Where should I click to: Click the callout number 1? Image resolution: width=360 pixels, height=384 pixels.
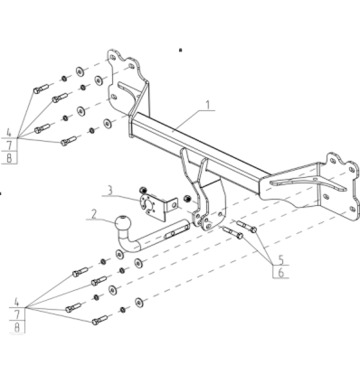pos(208,105)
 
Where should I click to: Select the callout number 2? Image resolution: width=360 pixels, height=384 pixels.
pos(94,214)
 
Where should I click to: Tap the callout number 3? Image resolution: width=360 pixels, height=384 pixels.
pos(110,191)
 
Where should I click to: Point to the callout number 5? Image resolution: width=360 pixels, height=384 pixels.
pos(281,259)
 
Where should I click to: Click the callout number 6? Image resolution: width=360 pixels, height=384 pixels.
pos(281,273)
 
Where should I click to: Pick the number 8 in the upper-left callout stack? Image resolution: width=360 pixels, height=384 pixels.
pos(9,158)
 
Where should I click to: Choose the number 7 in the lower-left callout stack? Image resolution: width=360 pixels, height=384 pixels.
pos(17,314)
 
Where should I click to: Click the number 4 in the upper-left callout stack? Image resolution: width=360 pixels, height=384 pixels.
pos(9,132)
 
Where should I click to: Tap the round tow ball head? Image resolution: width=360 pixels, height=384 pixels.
pos(123,223)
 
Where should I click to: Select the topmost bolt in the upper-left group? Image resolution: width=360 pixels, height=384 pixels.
pos(41,89)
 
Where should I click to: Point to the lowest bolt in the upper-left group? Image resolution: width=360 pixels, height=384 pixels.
pos(69,141)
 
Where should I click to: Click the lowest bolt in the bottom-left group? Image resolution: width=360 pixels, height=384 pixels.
pos(99,320)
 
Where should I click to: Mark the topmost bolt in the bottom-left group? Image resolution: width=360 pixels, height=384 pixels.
pos(81,272)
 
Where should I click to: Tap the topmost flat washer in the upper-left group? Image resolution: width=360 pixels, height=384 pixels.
pos(81,71)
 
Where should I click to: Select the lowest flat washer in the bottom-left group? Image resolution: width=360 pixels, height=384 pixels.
pos(139,303)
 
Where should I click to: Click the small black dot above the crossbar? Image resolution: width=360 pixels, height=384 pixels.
pos(181,51)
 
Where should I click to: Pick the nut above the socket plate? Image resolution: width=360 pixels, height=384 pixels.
pos(143,191)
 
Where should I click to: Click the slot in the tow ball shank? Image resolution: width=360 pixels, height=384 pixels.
pos(171,234)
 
